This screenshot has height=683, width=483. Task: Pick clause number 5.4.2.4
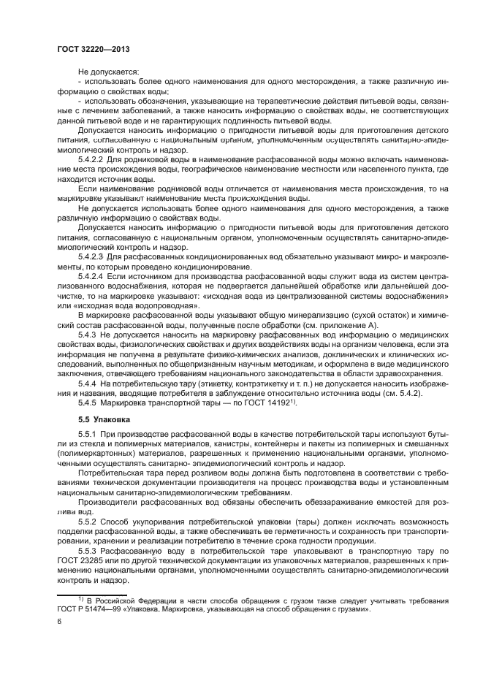91,278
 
